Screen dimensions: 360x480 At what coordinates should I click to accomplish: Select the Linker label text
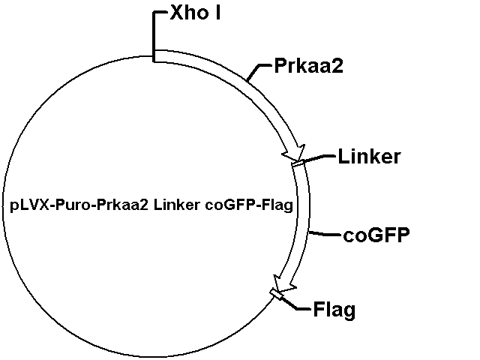pos(369,157)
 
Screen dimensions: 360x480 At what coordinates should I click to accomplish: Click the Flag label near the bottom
pos(334,309)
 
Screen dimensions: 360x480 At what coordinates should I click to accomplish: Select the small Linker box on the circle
pos(298,163)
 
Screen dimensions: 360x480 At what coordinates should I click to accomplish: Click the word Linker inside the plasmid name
pos(177,204)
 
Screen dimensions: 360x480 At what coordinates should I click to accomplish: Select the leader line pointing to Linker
pos(319,157)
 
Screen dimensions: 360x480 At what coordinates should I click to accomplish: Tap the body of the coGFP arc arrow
pos(302,225)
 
